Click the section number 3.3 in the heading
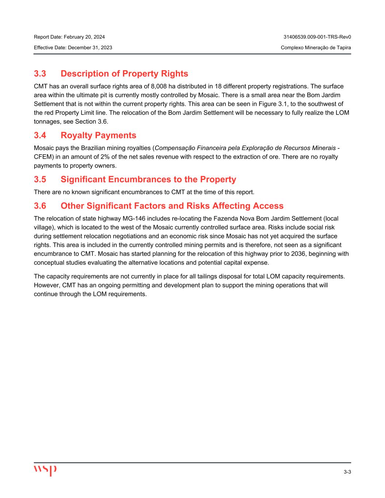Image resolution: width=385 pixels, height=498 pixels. point(40,74)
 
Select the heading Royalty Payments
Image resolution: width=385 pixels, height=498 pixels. point(98,135)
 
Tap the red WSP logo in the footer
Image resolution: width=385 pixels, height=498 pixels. point(45,470)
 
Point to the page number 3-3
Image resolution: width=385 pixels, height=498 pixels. point(347,472)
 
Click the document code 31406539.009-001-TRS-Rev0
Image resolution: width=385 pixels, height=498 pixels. point(317,37)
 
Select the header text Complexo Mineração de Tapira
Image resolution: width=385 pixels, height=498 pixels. point(316,48)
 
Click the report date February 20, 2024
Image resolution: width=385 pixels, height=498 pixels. point(84,37)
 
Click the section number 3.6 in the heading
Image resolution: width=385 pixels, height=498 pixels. point(40,206)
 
